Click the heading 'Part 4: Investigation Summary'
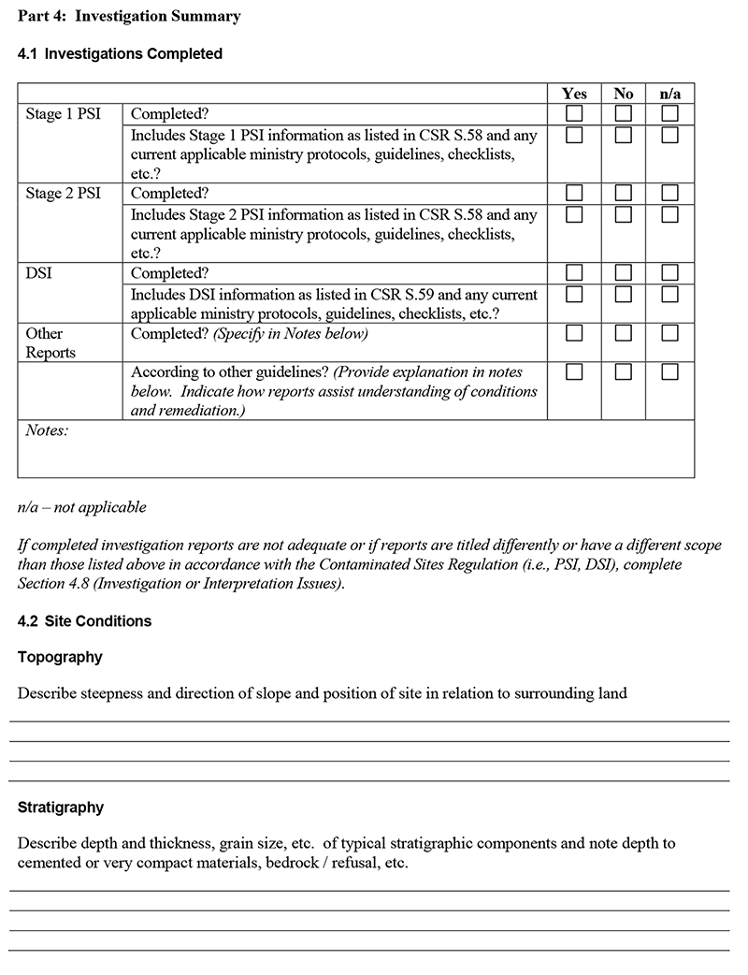coord(129,16)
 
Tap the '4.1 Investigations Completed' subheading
coord(120,54)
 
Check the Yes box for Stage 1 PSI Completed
coord(574,113)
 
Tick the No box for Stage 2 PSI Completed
coord(624,194)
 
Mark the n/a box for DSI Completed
coord(669,273)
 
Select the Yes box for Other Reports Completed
coord(574,333)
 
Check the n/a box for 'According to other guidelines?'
coord(669,372)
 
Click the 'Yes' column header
coord(574,94)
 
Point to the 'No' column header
coord(624,94)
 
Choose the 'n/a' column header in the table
coord(669,94)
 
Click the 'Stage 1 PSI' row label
coord(63,114)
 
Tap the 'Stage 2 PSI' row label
coord(63,195)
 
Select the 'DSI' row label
coord(39,274)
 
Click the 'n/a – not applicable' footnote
coord(82,507)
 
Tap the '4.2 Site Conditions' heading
coord(84,621)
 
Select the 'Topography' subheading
coord(60,657)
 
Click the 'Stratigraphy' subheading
coord(61,808)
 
